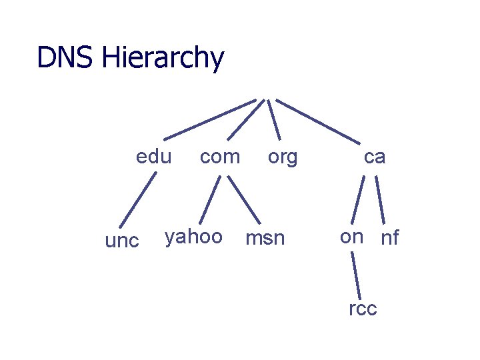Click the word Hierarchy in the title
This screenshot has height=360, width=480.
[163, 59]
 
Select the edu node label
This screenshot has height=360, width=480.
[153, 157]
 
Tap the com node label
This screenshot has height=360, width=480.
[220, 157]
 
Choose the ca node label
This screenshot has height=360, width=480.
[375, 157]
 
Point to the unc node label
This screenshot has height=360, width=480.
[123, 241]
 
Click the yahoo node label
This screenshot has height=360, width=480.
[193, 237]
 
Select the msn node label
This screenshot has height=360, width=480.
[265, 238]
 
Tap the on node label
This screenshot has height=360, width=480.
[351, 237]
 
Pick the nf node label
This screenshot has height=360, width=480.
[389, 238]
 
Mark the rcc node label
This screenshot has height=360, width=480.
[363, 309]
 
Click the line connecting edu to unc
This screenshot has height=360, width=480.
[138, 199]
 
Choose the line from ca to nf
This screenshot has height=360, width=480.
[381, 199]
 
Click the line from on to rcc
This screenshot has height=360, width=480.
[356, 273]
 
